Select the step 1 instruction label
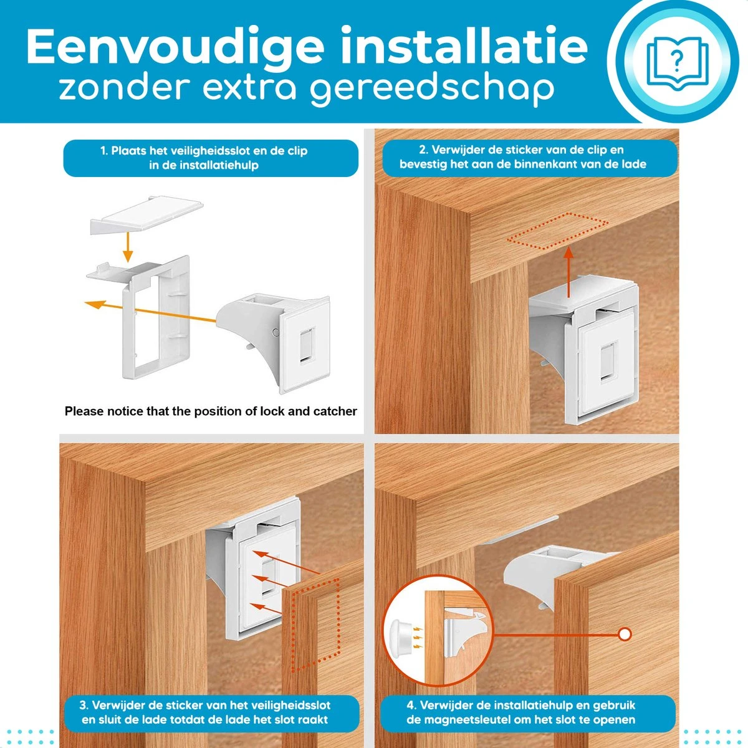click(x=211, y=158)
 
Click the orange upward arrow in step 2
click(x=568, y=272)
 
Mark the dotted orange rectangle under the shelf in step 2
click(x=557, y=231)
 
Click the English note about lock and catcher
click(x=211, y=411)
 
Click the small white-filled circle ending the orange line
click(x=625, y=635)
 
